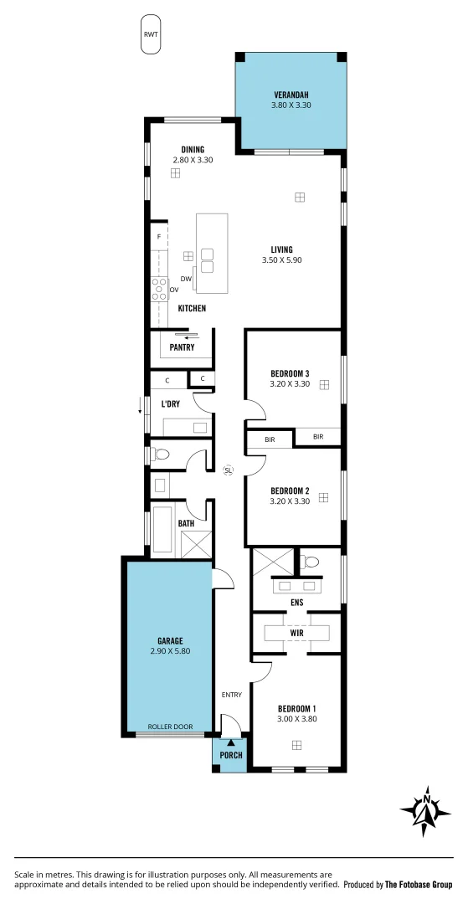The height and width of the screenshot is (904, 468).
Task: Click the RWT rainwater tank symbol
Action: (151, 34)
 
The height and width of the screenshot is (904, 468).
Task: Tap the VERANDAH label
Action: (291, 95)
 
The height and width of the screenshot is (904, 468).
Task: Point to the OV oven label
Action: (174, 290)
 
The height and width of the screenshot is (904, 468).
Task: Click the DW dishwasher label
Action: (186, 279)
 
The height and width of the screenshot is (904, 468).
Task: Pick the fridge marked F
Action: (158, 237)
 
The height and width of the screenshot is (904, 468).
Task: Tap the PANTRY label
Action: (182, 347)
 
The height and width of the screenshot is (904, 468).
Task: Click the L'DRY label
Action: (171, 404)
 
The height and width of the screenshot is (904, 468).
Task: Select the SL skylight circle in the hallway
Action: (228, 470)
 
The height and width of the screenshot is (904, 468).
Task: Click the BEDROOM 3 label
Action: (290, 372)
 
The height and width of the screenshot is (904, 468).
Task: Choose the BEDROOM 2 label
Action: (290, 491)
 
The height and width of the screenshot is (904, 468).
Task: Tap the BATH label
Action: (186, 524)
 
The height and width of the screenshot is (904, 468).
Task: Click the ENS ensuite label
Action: (296, 602)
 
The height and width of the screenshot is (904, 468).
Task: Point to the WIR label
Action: (296, 633)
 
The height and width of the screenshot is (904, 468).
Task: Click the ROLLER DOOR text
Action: (169, 727)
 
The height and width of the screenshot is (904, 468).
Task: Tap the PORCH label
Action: (230, 755)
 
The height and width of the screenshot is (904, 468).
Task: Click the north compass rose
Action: (427, 810)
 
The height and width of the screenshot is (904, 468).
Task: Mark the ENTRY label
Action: (231, 695)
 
